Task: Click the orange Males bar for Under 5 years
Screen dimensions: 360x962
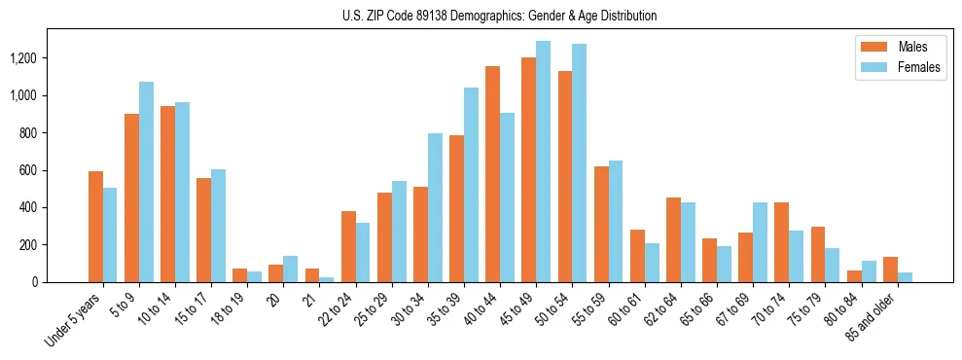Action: point(95,227)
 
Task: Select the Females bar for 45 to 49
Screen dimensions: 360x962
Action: point(543,162)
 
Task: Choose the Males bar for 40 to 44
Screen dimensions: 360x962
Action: point(492,174)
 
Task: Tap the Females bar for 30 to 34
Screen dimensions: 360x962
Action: point(435,208)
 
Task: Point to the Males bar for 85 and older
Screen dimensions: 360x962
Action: point(890,270)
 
